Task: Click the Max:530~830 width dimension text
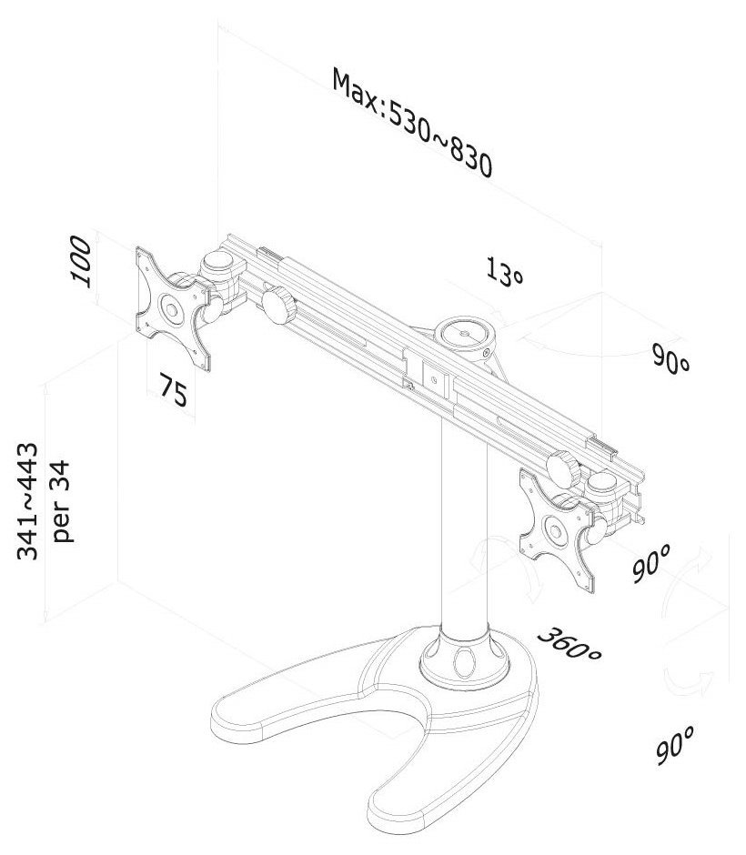point(411,124)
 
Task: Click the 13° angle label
point(505,272)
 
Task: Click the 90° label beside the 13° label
point(671,358)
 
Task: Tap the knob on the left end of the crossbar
point(278,306)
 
